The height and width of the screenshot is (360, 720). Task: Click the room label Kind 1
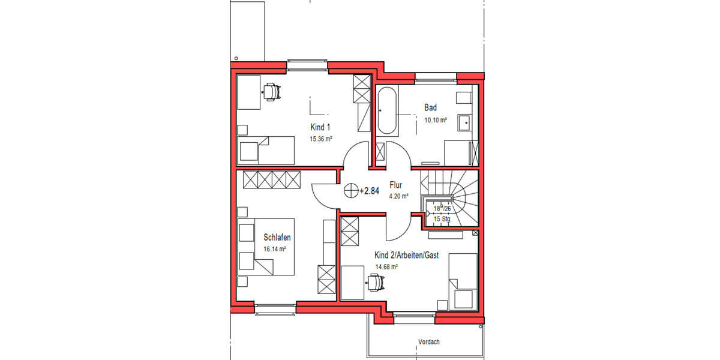click(x=320, y=127)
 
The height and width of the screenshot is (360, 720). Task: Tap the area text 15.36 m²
click(x=320, y=139)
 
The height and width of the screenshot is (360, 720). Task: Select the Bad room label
click(x=430, y=108)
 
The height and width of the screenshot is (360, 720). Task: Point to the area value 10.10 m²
click(x=436, y=120)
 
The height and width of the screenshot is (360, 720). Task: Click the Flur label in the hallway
click(x=395, y=185)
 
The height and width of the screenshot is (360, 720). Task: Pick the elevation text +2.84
click(x=369, y=191)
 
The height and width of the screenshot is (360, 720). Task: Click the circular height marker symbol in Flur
click(x=350, y=191)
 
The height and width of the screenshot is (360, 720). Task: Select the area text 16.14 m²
click(x=274, y=249)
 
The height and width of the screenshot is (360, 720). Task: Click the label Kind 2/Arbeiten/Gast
click(x=407, y=255)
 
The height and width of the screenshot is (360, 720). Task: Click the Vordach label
click(x=429, y=342)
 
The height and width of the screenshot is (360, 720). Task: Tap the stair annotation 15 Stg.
click(x=442, y=220)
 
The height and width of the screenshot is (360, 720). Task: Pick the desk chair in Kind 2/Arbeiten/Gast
click(x=375, y=280)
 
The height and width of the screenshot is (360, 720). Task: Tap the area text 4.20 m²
click(x=398, y=196)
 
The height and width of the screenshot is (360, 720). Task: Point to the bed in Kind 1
click(x=267, y=150)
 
